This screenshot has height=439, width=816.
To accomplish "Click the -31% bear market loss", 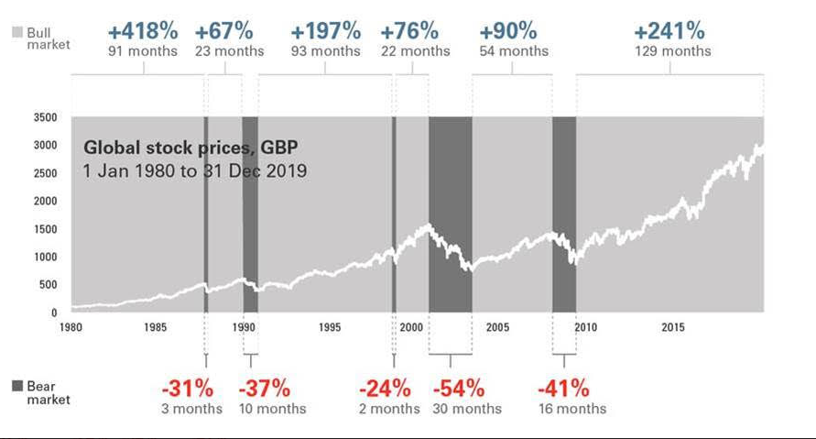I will pos(187,387).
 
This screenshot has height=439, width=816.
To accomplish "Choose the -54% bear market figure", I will pos(459,387).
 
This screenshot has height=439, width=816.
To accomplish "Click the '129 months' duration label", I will pos(673,51).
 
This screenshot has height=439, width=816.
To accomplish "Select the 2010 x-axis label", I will pos(584,327).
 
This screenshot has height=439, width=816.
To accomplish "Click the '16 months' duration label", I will pos(571,409).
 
